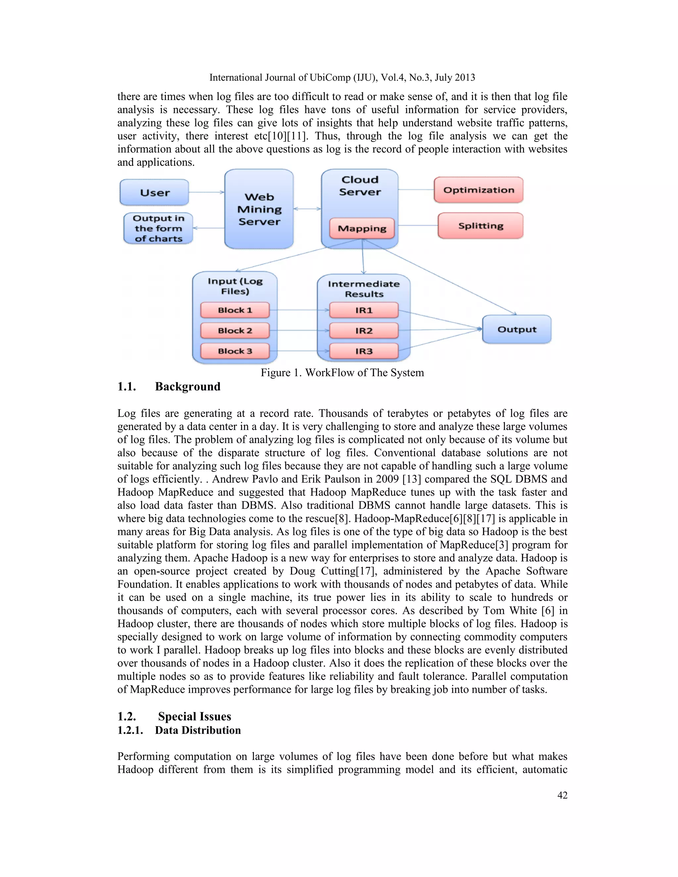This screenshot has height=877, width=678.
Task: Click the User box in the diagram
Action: pyautogui.click(x=155, y=192)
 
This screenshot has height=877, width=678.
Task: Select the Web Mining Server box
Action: pyautogui.click(x=259, y=209)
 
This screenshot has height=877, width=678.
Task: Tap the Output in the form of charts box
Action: pyautogui.click(x=158, y=228)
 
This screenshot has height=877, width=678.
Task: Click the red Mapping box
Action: pyautogui.click(x=362, y=228)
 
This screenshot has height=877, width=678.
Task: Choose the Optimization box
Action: pyautogui.click(x=478, y=190)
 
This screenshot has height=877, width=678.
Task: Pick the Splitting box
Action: pyautogui.click(x=480, y=226)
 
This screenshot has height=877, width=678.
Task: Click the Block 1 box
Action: pyautogui.click(x=235, y=310)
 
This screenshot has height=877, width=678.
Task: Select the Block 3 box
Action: pyautogui.click(x=235, y=351)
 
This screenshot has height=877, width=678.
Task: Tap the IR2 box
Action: pyautogui.click(x=364, y=331)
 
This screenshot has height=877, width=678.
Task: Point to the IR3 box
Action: pyautogui.click(x=364, y=351)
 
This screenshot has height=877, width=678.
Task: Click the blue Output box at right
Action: pyautogui.click(x=516, y=329)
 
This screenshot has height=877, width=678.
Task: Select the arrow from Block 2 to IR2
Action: pyautogui.click(x=299, y=331)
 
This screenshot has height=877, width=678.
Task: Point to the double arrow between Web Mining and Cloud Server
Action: pyautogui.click(x=307, y=209)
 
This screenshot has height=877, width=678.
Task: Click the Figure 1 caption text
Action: pyautogui.click(x=342, y=373)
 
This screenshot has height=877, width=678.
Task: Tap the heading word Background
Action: pyautogui.click(x=188, y=386)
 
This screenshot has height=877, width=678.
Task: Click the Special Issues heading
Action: pyautogui.click(x=194, y=716)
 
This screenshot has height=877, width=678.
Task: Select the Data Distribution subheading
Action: pyautogui.click(x=198, y=730)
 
